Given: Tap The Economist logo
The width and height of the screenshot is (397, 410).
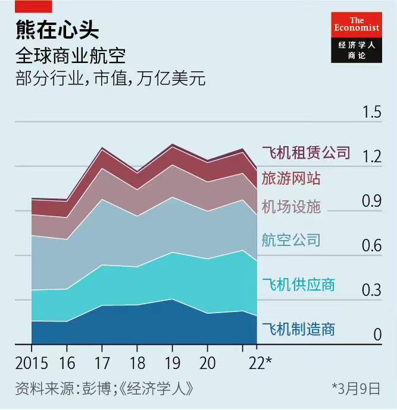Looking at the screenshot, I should (x=357, y=36).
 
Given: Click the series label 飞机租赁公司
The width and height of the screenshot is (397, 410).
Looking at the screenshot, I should (x=306, y=153).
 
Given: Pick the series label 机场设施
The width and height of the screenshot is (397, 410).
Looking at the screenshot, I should (x=291, y=206).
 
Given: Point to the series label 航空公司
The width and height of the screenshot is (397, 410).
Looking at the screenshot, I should (x=291, y=240).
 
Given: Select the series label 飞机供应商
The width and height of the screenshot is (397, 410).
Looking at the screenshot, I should (x=299, y=285).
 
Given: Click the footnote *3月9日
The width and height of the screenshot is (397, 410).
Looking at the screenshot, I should (x=356, y=389).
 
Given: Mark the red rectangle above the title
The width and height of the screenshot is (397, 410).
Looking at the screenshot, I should (x=33, y=5).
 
